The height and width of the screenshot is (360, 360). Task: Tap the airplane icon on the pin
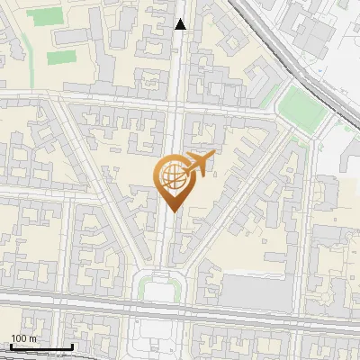198,164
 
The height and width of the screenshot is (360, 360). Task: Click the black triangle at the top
181,25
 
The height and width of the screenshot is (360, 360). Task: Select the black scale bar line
41,347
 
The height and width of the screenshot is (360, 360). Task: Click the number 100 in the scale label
19,338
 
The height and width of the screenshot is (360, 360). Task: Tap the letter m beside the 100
32,338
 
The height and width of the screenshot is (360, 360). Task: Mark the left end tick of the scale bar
11,346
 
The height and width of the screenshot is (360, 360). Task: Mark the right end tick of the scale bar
72,346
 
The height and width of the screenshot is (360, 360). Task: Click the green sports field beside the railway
301,108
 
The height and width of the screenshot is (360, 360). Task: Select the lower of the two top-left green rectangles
60,57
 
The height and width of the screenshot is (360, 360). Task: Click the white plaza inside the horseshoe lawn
163,290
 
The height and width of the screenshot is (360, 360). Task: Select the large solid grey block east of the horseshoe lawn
256,292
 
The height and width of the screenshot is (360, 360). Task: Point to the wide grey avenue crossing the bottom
90,305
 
